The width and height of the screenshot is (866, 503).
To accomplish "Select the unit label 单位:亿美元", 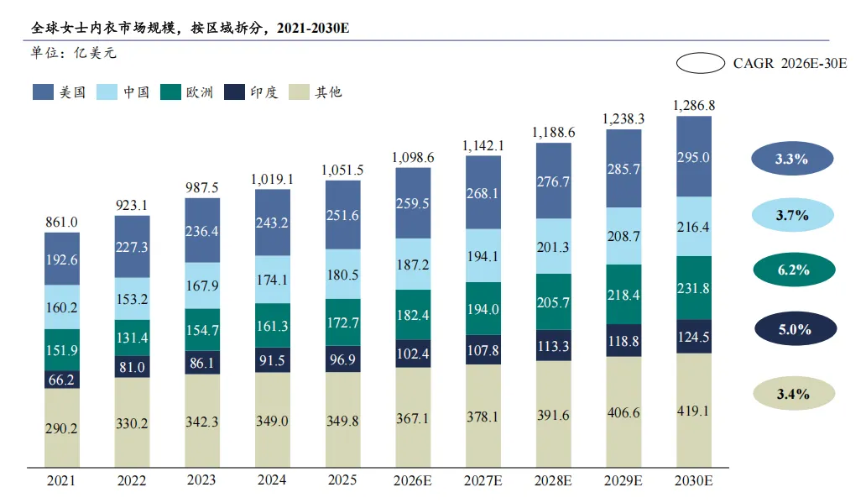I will [x=73, y=53].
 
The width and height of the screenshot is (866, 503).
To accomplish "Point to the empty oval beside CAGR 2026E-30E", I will [x=701, y=63].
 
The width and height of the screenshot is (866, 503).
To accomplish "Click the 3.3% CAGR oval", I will [x=792, y=158].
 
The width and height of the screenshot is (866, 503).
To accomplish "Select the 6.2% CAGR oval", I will [x=792, y=270].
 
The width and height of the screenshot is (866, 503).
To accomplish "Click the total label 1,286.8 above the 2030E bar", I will [x=694, y=106].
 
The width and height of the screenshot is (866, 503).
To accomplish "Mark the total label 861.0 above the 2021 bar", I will [x=61, y=222].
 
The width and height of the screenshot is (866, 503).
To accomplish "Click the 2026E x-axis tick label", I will [x=413, y=480].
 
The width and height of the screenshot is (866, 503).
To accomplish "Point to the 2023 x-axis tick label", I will [x=201, y=480].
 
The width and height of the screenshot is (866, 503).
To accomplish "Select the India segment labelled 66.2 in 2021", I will [x=62, y=380].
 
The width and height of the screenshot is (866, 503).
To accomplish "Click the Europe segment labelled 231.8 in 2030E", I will [x=694, y=287].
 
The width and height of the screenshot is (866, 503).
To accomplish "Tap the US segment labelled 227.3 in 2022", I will [x=132, y=247].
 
